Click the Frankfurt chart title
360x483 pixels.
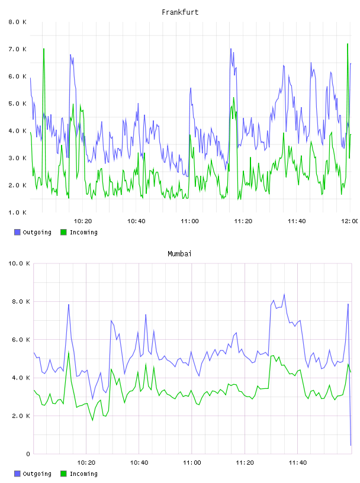tap(180, 12)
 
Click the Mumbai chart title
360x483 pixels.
tap(179, 254)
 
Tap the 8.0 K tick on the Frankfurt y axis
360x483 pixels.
tap(18, 22)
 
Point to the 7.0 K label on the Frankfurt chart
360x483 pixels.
tap(18, 49)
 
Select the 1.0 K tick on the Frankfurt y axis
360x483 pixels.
tap(18, 212)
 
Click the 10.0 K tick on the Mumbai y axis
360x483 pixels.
tap(19, 263)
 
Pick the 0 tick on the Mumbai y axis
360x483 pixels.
tap(28, 454)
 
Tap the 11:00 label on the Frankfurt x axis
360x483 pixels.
tap(189, 221)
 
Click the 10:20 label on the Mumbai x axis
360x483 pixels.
tap(86, 462)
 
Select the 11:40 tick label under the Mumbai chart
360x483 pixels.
tap(298, 462)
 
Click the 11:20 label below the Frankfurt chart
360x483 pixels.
tap(243, 221)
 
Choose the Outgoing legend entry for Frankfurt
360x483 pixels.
tap(33, 232)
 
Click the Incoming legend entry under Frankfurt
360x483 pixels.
tap(79, 232)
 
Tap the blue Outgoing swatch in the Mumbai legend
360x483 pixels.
tap(17, 474)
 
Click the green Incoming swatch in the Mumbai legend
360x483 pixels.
tap(63, 474)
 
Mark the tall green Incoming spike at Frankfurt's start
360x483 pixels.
tap(44, 49)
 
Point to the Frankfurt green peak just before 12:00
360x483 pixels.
tap(348, 44)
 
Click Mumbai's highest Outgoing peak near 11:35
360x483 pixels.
tap(284, 295)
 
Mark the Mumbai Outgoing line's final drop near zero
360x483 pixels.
tap(351, 445)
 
